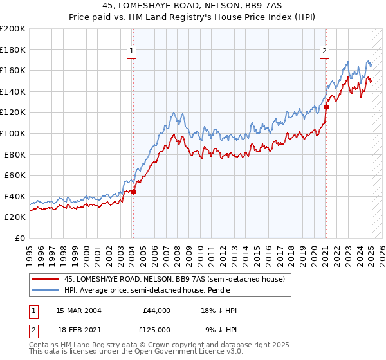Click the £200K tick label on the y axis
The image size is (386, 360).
[13, 29]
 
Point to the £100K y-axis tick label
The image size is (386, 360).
[13, 134]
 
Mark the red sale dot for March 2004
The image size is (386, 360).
[133, 192]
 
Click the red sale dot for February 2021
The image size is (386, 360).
[326, 107]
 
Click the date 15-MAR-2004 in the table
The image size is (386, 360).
[78, 310]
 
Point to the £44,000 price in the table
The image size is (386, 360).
[156, 310]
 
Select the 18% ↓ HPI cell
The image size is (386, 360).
[219, 310]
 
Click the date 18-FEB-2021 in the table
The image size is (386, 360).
[78, 329]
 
